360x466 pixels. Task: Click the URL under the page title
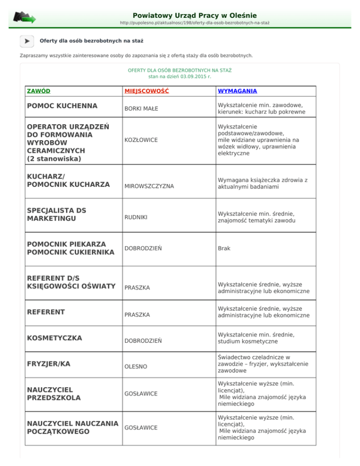click(x=195, y=23)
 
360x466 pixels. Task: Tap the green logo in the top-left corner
click(x=24, y=18)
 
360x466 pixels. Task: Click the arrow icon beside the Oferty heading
click(x=27, y=41)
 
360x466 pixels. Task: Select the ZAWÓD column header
click(x=39, y=91)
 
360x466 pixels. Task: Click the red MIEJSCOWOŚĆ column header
click(x=146, y=91)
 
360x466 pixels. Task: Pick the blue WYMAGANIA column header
click(x=237, y=91)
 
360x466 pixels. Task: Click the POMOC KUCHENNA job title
click(x=62, y=106)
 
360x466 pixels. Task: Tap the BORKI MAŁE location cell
click(x=141, y=109)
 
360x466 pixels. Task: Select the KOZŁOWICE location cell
click(x=141, y=140)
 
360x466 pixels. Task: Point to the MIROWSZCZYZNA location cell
click(x=149, y=186)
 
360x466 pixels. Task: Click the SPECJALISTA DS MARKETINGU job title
click(x=57, y=215)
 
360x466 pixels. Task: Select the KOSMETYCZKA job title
click(x=55, y=338)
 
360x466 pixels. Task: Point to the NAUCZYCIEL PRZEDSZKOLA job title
click(x=54, y=393)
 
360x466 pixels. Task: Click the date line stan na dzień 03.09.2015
click(x=180, y=75)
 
